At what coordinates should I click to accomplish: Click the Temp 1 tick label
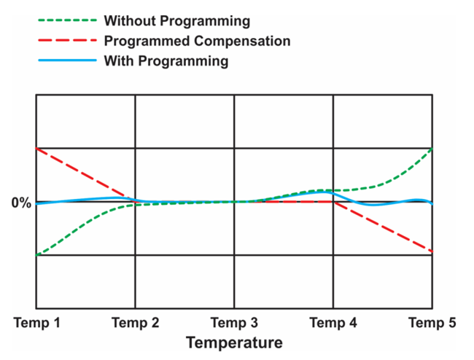pyautogui.click(x=38, y=322)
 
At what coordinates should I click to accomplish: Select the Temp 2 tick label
pyautogui.click(x=136, y=322)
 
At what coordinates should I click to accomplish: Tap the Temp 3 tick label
pyautogui.click(x=234, y=322)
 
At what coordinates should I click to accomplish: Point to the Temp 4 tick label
pyautogui.click(x=333, y=322)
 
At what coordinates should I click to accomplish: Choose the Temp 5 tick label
pyautogui.click(x=431, y=322)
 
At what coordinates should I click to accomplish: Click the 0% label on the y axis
pyautogui.click(x=21, y=203)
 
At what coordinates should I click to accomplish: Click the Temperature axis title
pyautogui.click(x=234, y=342)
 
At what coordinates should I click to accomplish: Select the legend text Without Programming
pyautogui.click(x=176, y=20)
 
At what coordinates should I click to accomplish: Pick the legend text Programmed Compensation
pyautogui.click(x=197, y=40)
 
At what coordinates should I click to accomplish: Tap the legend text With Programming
pyautogui.click(x=166, y=60)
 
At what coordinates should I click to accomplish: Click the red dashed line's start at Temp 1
pyautogui.click(x=37, y=149)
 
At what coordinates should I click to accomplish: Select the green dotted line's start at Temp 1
pyautogui.click(x=37, y=254)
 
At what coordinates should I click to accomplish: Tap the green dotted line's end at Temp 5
pyautogui.click(x=432, y=149)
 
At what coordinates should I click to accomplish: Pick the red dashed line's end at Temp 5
pyautogui.click(x=432, y=251)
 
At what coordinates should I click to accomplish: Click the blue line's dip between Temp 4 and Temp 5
pyautogui.click(x=373, y=205)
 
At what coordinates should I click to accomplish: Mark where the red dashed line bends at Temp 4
pyautogui.click(x=333, y=202)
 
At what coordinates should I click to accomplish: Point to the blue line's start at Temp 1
pyautogui.click(x=37, y=203)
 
